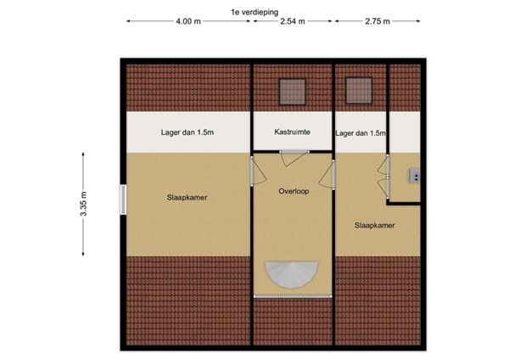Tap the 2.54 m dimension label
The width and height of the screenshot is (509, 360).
tap(293, 22)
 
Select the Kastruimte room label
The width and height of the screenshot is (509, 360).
tap(292, 132)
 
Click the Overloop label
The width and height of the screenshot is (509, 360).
tap(293, 191)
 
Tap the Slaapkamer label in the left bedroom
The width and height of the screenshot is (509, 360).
tap(187, 198)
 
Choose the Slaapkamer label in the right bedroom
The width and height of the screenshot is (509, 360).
tap(374, 225)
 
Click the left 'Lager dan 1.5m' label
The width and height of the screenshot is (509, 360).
tap(187, 132)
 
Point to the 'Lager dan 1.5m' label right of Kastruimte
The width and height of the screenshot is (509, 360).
tap(360, 133)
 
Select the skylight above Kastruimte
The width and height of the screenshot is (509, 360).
tap(292, 88)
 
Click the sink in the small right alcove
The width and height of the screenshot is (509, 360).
tap(414, 177)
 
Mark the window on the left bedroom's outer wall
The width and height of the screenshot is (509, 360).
tap(123, 202)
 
